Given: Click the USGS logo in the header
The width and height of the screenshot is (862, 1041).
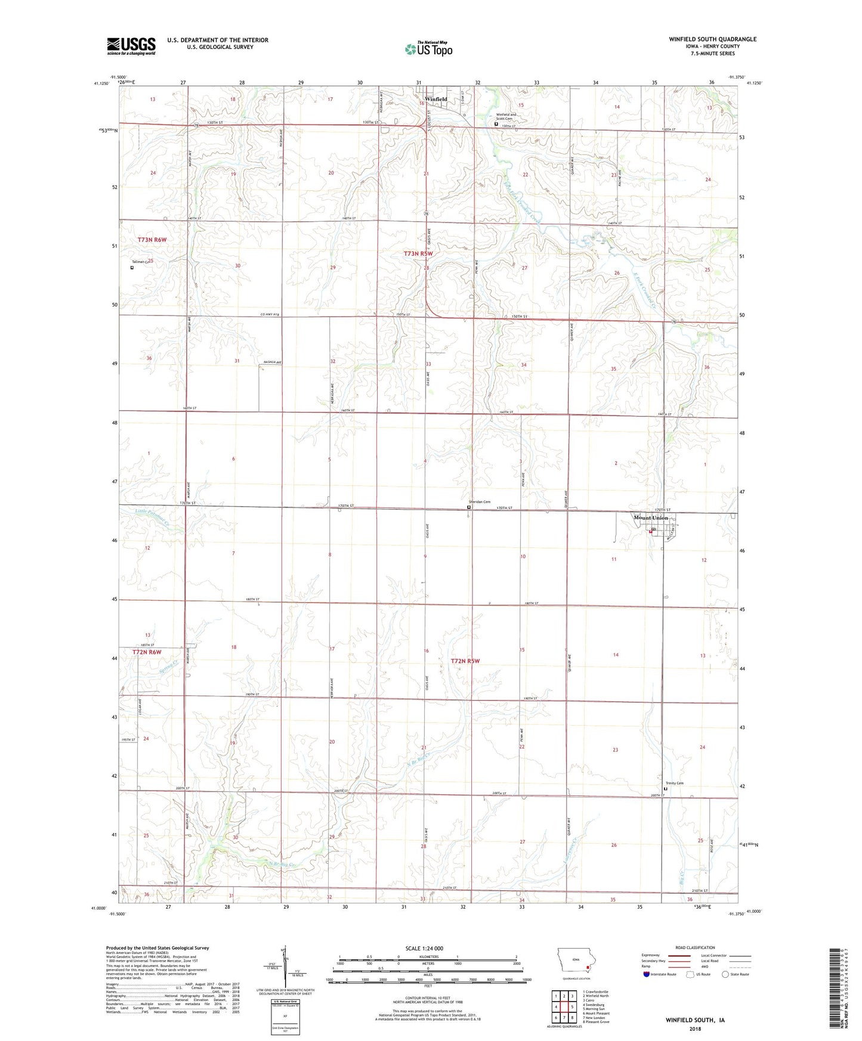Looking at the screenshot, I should click(131, 46).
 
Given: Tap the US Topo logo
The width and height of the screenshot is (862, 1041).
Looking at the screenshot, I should click(428, 49).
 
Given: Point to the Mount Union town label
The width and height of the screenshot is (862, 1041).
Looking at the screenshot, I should click(651, 518).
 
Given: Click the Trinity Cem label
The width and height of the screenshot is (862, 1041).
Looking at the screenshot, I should click(674, 783).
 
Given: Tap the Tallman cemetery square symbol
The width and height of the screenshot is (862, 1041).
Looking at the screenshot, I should click(132, 268).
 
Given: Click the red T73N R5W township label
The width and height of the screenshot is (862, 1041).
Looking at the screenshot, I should click(418, 254).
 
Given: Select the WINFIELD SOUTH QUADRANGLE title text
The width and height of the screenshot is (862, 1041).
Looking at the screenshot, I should click(712, 39).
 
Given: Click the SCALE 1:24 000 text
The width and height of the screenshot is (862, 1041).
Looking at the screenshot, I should click(424, 949).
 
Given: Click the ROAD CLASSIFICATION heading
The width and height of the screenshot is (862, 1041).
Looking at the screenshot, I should click(694, 947).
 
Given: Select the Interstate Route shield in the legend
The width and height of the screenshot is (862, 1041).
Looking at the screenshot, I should click(647, 974).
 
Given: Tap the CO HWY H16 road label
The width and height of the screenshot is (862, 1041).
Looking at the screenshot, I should click(269, 315).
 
